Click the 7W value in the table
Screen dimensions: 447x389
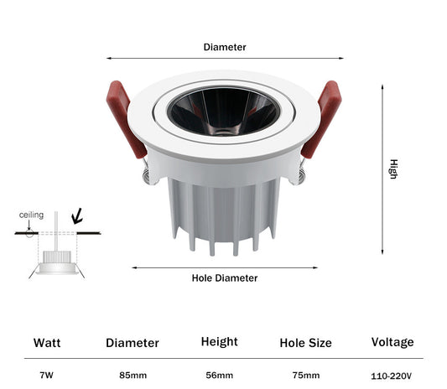46,375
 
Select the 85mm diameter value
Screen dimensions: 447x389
133,375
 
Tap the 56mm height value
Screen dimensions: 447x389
219,375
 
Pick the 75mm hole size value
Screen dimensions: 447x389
306,375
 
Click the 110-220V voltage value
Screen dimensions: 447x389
391,376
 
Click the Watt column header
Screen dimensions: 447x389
47,343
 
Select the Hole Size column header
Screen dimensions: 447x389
305,343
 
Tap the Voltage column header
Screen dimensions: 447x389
392,342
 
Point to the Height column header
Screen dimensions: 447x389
219,342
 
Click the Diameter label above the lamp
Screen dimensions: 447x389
225,47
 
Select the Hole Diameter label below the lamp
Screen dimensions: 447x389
225,277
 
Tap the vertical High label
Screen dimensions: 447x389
393,169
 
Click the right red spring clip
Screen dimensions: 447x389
322,119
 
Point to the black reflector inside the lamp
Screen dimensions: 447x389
224,112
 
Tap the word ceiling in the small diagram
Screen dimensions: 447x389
31,215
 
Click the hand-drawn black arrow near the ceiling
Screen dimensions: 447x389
77,216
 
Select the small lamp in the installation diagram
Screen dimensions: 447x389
57,262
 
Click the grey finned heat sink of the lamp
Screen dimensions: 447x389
224,214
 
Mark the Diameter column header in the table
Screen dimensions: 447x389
133,343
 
